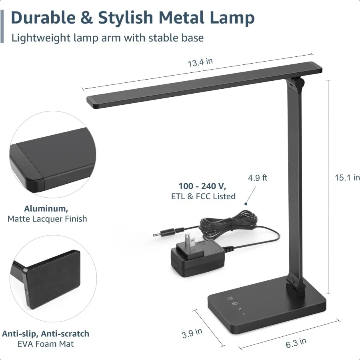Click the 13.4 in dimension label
click(x=200, y=62)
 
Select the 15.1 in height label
click(x=347, y=178)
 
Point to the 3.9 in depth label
click(x=192, y=333)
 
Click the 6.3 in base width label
click(x=296, y=343)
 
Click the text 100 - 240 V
click(x=202, y=186)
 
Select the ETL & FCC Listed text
click(x=203, y=196)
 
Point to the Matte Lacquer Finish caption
click(x=47, y=219)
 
